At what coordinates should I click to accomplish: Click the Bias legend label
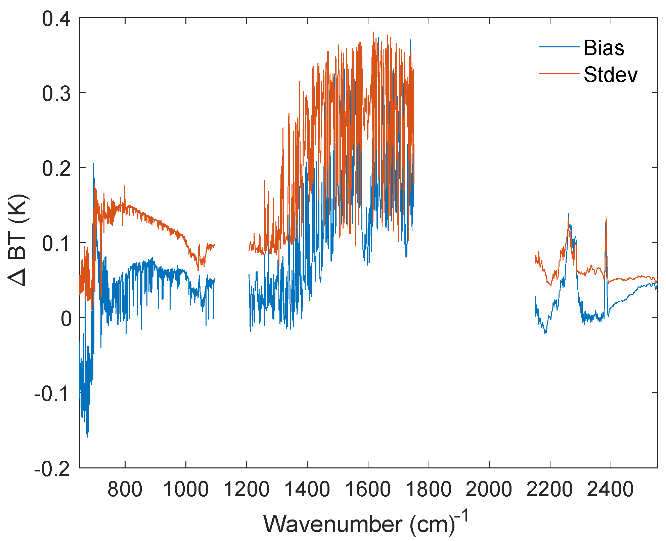point(604,48)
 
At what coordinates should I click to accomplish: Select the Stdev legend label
point(610,75)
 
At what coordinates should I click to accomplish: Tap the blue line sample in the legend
point(559,47)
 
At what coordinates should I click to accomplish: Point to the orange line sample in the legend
point(559,74)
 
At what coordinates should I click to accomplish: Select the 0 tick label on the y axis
point(66,319)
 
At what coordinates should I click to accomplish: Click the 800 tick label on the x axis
point(125,489)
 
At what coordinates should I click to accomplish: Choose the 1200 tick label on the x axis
point(247,489)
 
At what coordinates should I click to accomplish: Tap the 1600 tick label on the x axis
point(368,489)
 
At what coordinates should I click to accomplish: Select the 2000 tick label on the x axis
point(489,489)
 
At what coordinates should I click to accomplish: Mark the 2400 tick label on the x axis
point(611,489)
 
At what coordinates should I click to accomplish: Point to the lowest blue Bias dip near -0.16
point(88,436)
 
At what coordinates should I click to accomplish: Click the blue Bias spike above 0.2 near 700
point(93,164)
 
